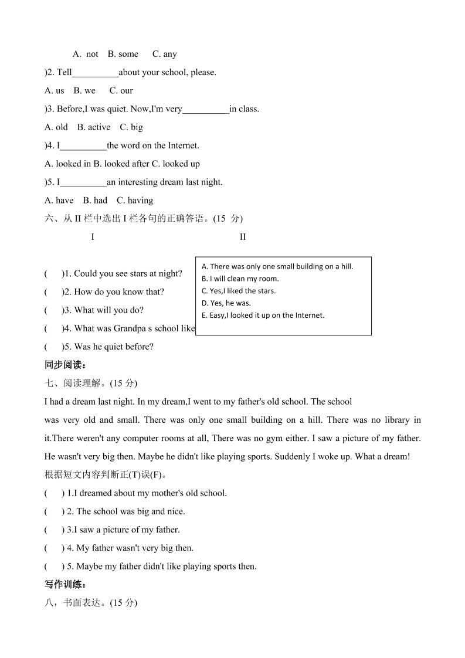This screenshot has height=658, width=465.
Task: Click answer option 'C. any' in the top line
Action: [164, 54]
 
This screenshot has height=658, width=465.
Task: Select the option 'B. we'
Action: [84, 90]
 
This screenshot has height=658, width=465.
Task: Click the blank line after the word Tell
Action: [95, 73]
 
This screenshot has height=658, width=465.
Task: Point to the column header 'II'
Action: [243, 237]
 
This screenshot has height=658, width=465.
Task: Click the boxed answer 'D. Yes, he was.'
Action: [226, 303]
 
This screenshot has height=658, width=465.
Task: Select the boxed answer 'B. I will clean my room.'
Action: [240, 279]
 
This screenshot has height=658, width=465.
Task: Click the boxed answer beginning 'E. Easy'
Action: [263, 316]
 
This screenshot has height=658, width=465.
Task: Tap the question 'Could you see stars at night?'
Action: [128, 273]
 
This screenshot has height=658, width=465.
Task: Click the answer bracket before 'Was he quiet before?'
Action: [53, 347]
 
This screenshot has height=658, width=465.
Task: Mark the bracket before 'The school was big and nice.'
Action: [54, 511]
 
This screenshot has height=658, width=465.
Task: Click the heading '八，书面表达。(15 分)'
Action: [91, 602]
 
